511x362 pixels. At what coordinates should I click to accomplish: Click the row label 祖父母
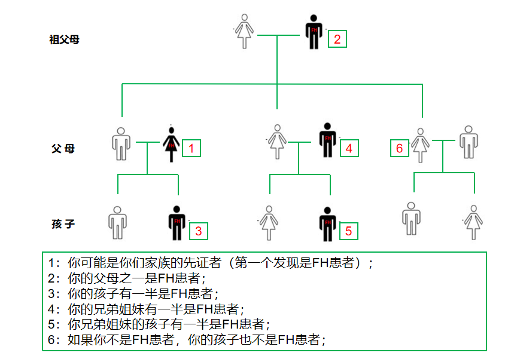point(64,41)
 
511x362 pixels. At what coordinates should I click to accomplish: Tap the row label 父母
point(63,149)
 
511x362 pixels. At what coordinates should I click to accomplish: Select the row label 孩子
point(63,225)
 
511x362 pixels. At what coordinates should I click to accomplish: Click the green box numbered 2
point(337,39)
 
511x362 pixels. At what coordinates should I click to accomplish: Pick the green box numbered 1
point(191,148)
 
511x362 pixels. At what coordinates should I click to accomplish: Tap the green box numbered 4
point(349,148)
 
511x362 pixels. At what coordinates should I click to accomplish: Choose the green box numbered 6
point(400,148)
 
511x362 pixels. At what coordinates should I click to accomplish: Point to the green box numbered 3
point(199,230)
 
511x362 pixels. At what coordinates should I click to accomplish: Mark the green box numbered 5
point(349,230)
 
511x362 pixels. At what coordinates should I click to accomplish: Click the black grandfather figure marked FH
point(314,32)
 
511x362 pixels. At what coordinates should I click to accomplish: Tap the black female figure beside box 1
point(171,143)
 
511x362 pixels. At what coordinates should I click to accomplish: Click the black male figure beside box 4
point(327,140)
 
